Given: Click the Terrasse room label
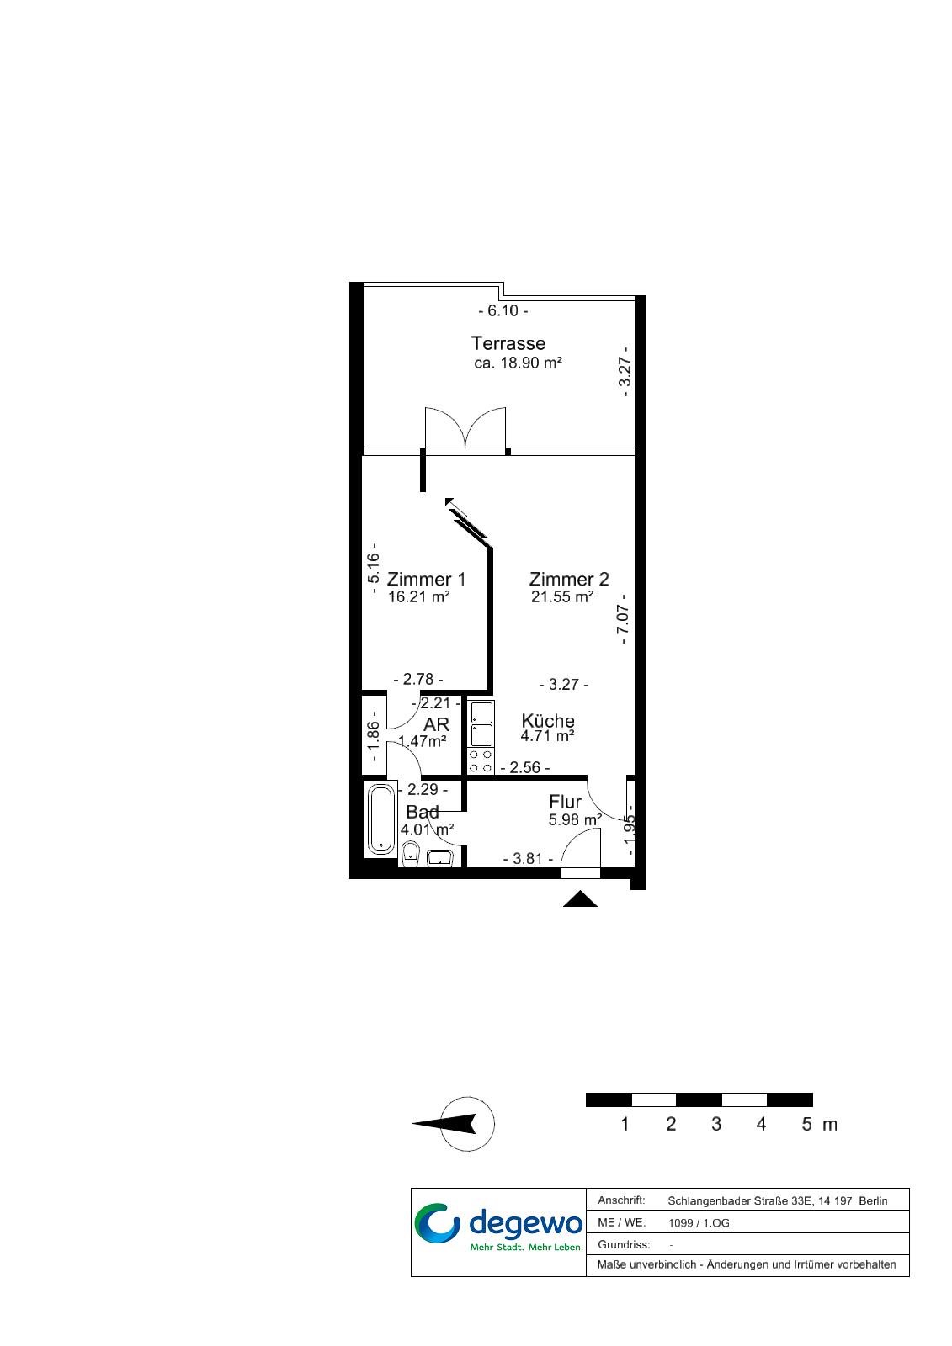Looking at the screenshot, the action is point(508,343).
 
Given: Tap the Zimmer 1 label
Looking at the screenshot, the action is point(426,579).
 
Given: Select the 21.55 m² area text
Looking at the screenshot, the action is point(562,596).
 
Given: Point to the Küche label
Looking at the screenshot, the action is point(547,720).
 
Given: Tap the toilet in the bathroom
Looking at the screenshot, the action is point(411,854).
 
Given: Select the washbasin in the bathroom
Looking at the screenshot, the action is point(439,858).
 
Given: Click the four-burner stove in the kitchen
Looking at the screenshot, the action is point(481,760).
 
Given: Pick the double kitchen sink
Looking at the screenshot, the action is point(481,723).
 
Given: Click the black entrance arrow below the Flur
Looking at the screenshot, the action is point(580,899).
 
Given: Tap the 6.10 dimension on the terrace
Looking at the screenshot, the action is point(503,310).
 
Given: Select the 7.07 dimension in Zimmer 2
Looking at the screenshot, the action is point(624,619).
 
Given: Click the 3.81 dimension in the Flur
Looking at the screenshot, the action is point(528,859).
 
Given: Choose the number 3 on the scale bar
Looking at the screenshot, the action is point(715,1124).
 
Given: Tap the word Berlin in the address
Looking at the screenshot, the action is point(873,1201).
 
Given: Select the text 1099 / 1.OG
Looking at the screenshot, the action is point(698,1223).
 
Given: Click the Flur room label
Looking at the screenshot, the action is point(565,802).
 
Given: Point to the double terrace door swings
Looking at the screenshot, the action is point(465,428).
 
